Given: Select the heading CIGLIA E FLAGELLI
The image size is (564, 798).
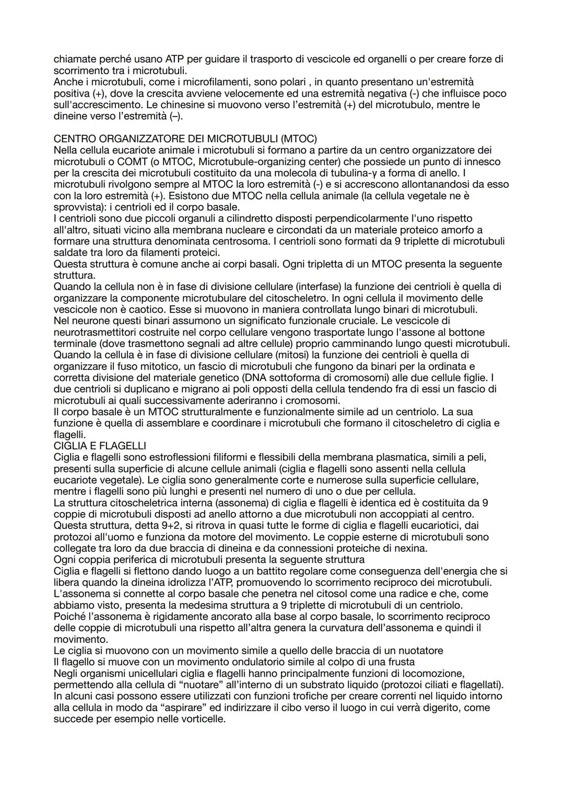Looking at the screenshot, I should pos(100,446).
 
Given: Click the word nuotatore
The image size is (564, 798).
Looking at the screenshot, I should pos(415,651).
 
